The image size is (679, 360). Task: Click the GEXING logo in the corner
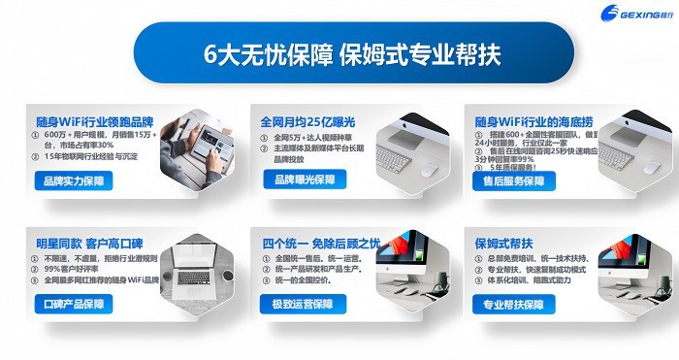tap(635, 13)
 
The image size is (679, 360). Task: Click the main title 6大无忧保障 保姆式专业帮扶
tap(339, 52)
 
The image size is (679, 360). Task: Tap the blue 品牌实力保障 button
tap(73, 180)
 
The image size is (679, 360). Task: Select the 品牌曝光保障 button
tap(304, 180)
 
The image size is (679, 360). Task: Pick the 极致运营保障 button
tap(303, 305)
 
